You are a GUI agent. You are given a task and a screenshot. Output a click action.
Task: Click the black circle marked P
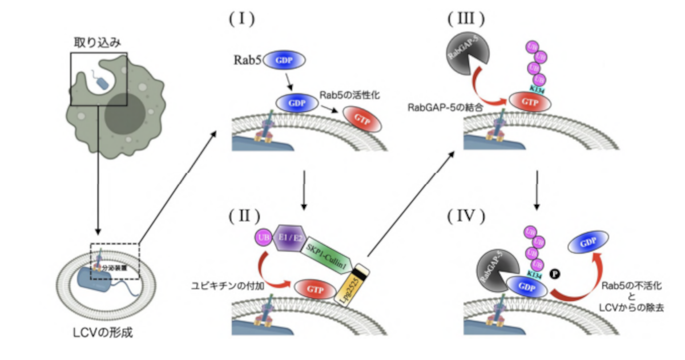(554, 273)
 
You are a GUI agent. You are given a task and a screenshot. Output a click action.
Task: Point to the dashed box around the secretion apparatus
(114, 261)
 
